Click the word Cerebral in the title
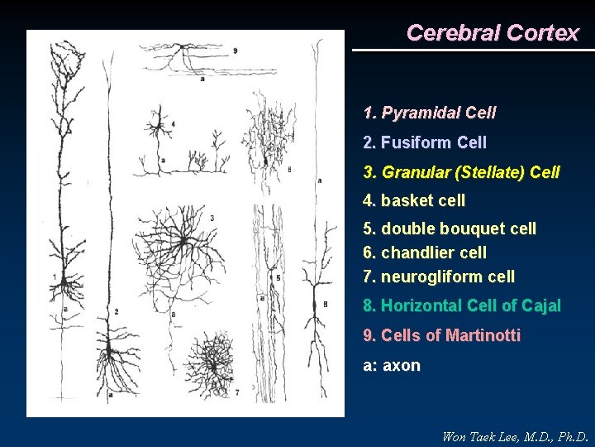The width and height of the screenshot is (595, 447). click(453, 33)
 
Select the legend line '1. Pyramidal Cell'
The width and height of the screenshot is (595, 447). click(430, 112)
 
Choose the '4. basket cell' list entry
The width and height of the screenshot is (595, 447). click(414, 200)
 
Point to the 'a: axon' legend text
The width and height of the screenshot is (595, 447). click(392, 365)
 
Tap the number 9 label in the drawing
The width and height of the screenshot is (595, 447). click(236, 50)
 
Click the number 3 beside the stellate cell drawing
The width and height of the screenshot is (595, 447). click(212, 218)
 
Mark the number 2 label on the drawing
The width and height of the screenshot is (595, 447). click(117, 311)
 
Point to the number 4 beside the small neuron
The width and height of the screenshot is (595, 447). click(172, 124)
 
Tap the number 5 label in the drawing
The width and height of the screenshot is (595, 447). click(278, 277)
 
